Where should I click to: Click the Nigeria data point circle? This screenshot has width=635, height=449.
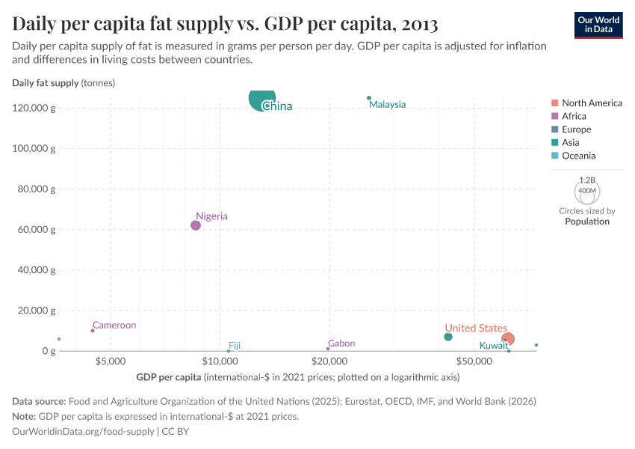click(196, 225)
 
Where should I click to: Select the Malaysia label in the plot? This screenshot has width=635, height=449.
click(387, 105)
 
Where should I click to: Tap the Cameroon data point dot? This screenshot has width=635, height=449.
click(93, 331)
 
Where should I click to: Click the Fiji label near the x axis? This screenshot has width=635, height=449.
click(235, 346)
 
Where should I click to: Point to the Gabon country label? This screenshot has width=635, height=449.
click(341, 343)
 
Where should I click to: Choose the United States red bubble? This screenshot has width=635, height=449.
click(508, 339)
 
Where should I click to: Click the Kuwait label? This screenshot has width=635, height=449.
click(493, 346)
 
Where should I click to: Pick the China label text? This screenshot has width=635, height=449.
click(277, 106)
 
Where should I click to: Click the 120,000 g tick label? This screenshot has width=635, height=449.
click(34, 109)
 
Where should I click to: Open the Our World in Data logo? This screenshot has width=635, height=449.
click(598, 25)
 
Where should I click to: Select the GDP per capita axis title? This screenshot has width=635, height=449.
click(169, 377)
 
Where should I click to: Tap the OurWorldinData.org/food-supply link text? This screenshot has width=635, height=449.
click(84, 432)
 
